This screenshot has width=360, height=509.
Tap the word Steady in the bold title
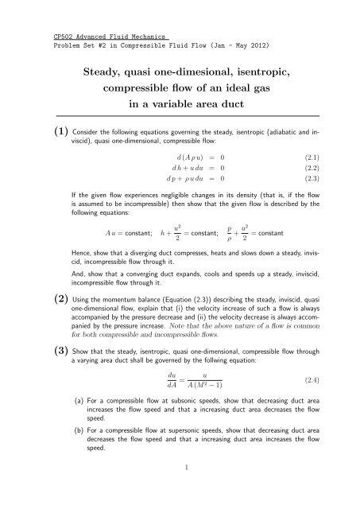pyautogui.click(x=108, y=74)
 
